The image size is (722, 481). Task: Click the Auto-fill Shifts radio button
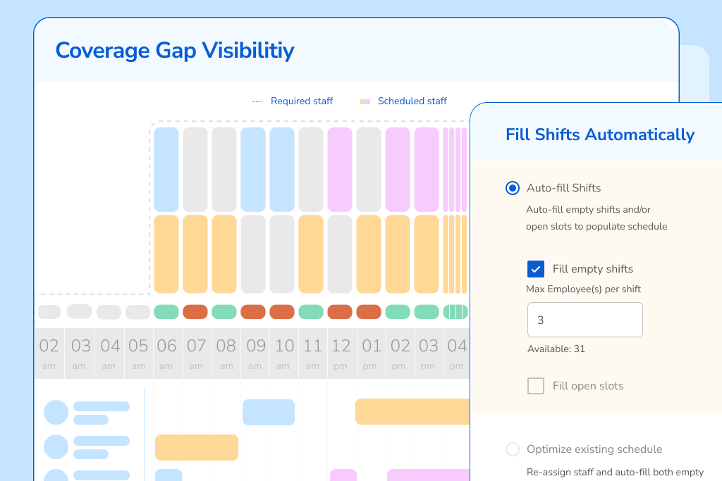pyautogui.click(x=513, y=188)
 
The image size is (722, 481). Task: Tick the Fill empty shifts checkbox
pyautogui.click(x=536, y=269)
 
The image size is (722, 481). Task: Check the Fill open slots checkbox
pyautogui.click(x=536, y=386)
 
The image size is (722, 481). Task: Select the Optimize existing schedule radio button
pyautogui.click(x=513, y=449)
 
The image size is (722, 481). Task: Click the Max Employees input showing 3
pyautogui.click(x=585, y=320)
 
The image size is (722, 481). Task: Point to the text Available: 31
pyautogui.click(x=556, y=349)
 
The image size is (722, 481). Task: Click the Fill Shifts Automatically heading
pyautogui.click(x=600, y=135)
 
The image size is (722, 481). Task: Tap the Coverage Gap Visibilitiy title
pyautogui.click(x=175, y=51)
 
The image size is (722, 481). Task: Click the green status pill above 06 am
pyautogui.click(x=166, y=311)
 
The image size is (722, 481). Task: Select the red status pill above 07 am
pyautogui.click(x=195, y=311)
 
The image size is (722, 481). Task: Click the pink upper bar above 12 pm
pyautogui.click(x=340, y=169)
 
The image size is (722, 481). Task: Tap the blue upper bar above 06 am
pyautogui.click(x=166, y=169)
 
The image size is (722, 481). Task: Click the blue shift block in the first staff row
pyautogui.click(x=269, y=412)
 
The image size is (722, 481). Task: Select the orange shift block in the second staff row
pyautogui.click(x=197, y=447)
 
